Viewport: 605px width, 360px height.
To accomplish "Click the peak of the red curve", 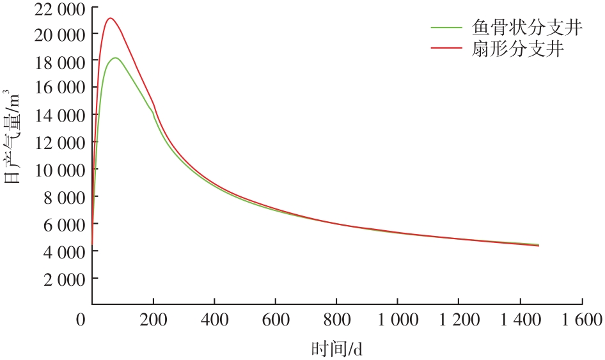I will click(x=110, y=18).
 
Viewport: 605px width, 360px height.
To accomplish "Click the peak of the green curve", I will click(x=115, y=58).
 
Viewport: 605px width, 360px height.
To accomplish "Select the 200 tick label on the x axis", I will click(x=153, y=319).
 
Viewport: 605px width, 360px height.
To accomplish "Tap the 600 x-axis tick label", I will click(x=275, y=319).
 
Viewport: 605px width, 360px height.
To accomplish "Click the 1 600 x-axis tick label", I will click(x=582, y=319).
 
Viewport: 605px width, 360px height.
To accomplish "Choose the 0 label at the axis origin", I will click(x=80, y=319).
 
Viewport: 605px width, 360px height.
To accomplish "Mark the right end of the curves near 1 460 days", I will click(x=538, y=245).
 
